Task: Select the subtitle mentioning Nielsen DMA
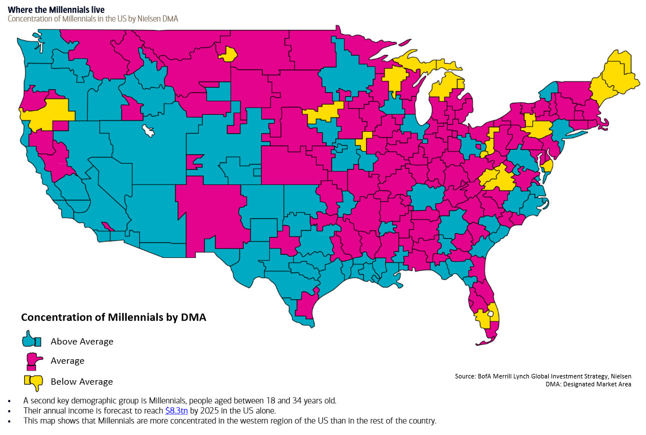click(x=93, y=19)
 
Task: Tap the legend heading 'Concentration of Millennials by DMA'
click(x=113, y=317)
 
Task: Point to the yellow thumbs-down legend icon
click(x=33, y=382)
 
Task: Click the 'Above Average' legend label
click(x=82, y=342)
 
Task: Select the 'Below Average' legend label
click(x=81, y=382)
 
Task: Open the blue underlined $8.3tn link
click(x=176, y=411)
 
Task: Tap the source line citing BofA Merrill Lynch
click(x=542, y=376)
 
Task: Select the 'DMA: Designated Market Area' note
click(x=589, y=385)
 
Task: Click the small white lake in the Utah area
click(x=149, y=131)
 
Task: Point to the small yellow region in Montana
click(x=229, y=54)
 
